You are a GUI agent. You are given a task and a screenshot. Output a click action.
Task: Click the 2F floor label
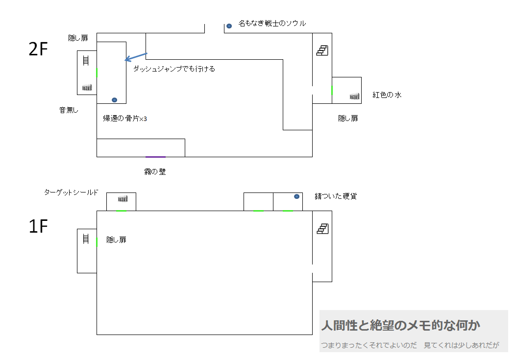(x=38, y=49)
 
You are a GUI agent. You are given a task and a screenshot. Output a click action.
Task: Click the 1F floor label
(x=38, y=226)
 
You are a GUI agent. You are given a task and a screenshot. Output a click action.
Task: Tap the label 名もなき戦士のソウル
(x=272, y=24)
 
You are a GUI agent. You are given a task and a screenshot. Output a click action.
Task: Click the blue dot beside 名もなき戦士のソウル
(x=229, y=25)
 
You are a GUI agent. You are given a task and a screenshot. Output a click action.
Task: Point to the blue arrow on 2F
(x=136, y=57)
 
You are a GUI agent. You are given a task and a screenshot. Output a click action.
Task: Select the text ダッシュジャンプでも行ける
(x=174, y=69)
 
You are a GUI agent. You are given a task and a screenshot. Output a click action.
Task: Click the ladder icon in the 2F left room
(x=86, y=61)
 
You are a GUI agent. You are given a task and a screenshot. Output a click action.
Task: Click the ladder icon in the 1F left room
(x=86, y=239)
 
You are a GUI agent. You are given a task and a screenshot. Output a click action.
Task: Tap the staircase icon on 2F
(x=322, y=50)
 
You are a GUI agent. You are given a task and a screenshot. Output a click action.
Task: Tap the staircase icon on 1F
(x=322, y=229)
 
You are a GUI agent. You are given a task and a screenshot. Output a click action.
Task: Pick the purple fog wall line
(x=156, y=157)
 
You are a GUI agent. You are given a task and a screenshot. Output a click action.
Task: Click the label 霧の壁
(x=155, y=172)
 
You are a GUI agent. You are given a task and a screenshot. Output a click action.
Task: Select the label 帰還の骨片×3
(x=125, y=119)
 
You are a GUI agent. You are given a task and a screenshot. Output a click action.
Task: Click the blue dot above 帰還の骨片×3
(x=114, y=100)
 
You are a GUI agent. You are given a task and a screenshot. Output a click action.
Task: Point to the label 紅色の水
(x=387, y=95)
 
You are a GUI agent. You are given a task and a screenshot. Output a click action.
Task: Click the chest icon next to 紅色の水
(x=354, y=96)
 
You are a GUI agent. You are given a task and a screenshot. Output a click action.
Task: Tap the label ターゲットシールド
(x=71, y=192)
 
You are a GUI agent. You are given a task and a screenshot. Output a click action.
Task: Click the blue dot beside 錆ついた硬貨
(x=296, y=196)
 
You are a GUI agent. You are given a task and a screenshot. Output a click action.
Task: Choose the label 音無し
(x=69, y=110)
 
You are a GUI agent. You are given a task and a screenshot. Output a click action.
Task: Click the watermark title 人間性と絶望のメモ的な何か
(x=400, y=325)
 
